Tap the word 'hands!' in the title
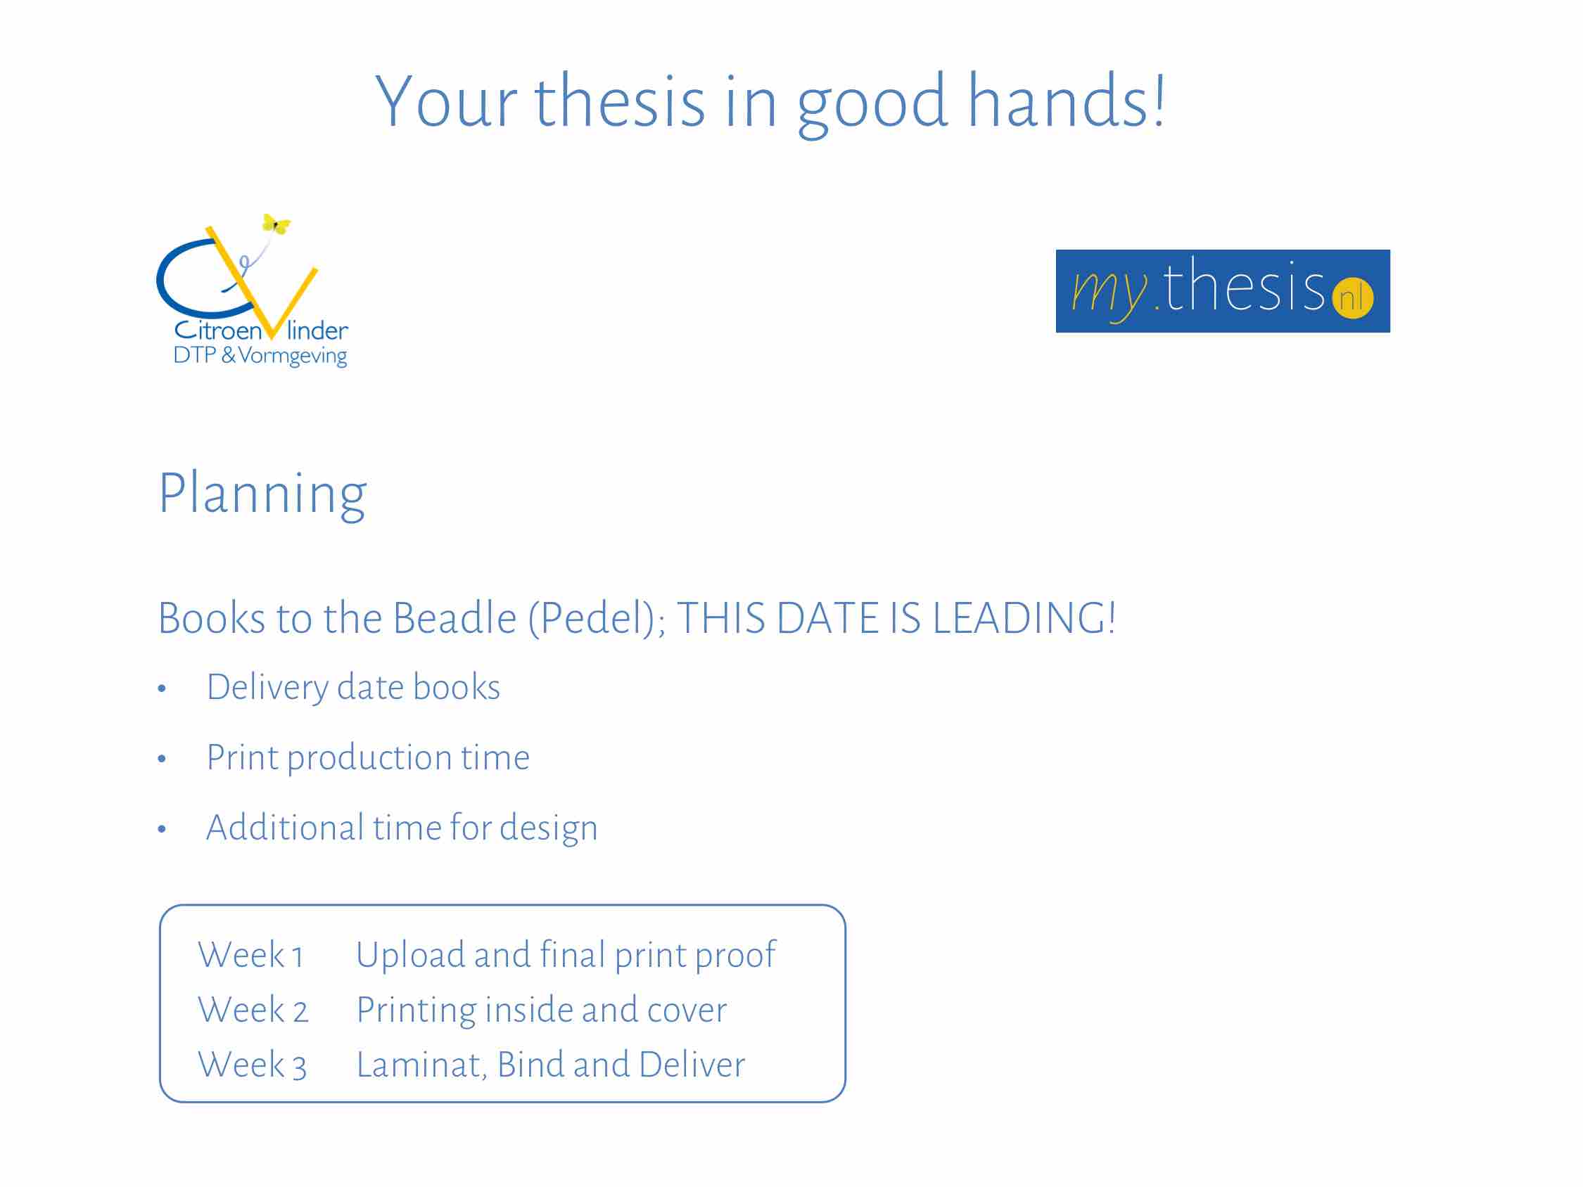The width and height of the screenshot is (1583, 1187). pos(1067,101)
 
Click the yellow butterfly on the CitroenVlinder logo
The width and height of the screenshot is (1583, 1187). pos(276,224)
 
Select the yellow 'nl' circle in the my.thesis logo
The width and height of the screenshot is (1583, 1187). pos(1352,297)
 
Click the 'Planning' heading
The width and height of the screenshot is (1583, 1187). pos(262,496)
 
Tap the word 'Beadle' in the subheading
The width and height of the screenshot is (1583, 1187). pos(454,618)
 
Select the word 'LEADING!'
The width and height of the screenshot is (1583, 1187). pos(1024,618)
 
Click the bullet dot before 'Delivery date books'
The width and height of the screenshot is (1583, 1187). pos(162,688)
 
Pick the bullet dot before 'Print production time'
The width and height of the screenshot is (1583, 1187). pos(162,759)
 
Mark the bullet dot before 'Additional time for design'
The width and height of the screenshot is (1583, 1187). pos(162,829)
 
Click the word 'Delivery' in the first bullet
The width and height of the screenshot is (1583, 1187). pos(267,688)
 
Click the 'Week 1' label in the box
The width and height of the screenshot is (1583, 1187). pos(250,956)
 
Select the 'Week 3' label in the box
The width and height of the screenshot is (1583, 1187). pos(253,1065)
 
